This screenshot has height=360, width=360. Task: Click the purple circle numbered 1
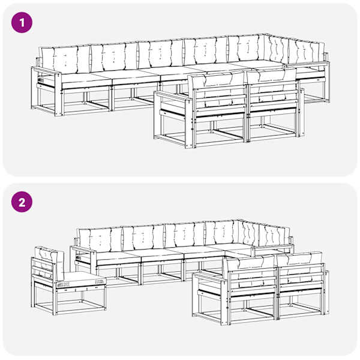click(x=22, y=23)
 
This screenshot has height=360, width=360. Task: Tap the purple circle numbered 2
click(x=22, y=202)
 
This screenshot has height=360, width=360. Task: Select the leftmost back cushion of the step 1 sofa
click(x=65, y=60)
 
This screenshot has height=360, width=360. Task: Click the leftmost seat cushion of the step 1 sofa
click(x=86, y=79)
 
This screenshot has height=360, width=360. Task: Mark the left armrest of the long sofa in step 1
click(x=47, y=71)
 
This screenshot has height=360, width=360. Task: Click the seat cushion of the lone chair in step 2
click(x=82, y=279)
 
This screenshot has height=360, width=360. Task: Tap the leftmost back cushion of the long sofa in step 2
click(x=100, y=240)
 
